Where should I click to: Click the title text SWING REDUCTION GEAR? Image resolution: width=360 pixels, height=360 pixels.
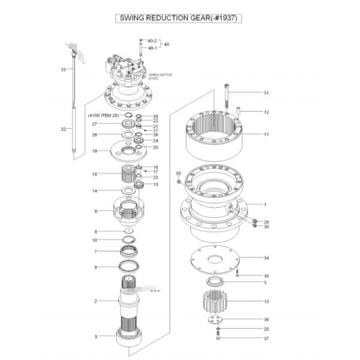coord(179,18)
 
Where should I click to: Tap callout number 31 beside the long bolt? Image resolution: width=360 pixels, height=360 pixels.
coord(266,93)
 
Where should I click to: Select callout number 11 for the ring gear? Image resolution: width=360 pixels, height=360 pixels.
coord(266,134)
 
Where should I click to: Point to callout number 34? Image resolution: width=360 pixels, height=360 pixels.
coord(266,258)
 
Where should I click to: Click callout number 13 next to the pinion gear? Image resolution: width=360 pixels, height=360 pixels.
coord(266,301)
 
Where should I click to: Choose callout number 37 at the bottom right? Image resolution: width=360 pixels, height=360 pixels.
coord(266,338)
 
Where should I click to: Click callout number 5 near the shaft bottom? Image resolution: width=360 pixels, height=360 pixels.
coord(95,337)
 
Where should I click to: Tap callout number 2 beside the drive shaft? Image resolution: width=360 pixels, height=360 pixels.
coord(95,301)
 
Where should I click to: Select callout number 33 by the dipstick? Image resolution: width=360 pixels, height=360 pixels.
coord(63,70)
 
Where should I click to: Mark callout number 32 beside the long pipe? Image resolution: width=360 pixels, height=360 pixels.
coord(63,129)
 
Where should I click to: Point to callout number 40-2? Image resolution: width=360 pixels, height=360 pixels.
coord(152,41)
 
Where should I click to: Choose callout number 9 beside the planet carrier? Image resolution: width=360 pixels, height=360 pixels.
coord(95,211)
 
